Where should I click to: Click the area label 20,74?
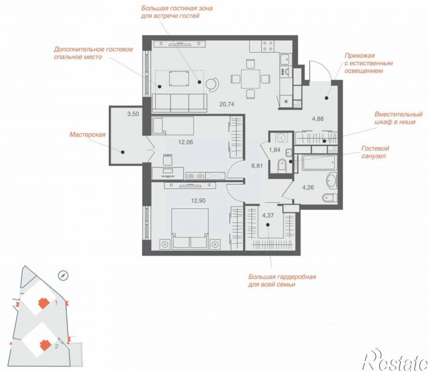[x=227, y=104]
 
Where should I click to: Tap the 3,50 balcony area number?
[x=133, y=114]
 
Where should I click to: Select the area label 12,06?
[x=186, y=142]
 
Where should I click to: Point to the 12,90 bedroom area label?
[x=198, y=201]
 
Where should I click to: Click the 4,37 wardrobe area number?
[x=268, y=215]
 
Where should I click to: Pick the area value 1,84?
[x=275, y=150]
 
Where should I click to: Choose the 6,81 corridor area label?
[x=257, y=166]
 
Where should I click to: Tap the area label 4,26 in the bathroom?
[x=308, y=188]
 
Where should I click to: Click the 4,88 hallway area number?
[x=318, y=119]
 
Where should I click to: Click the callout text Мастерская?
[x=88, y=134]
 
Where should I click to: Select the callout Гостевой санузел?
[x=375, y=152]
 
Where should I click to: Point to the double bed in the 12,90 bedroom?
[x=190, y=229]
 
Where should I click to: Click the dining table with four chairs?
[x=251, y=79]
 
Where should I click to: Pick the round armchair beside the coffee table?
[x=212, y=84]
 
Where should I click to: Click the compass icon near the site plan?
[x=63, y=276]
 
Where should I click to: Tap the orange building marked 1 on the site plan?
[x=44, y=303]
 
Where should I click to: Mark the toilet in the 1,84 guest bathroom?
[x=282, y=165]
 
